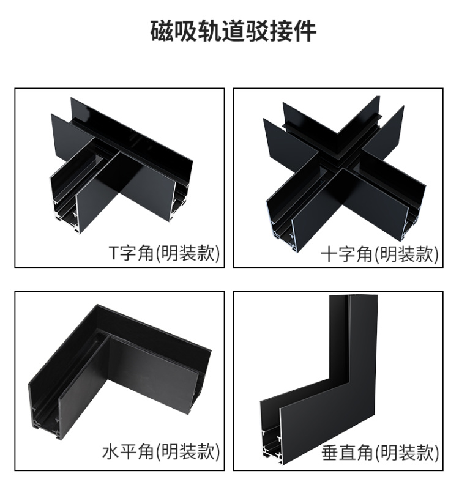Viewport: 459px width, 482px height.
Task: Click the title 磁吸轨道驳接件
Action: [233, 31]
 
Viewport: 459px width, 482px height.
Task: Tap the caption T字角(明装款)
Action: [165, 253]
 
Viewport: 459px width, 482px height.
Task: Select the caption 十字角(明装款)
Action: [379, 254]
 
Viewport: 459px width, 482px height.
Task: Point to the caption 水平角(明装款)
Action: [161, 451]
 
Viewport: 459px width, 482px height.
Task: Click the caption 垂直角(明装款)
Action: [380, 453]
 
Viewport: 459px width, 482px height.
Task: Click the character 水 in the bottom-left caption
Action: [110, 451]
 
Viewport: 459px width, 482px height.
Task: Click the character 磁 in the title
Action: [162, 31]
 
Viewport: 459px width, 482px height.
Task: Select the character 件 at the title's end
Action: [305, 31]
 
